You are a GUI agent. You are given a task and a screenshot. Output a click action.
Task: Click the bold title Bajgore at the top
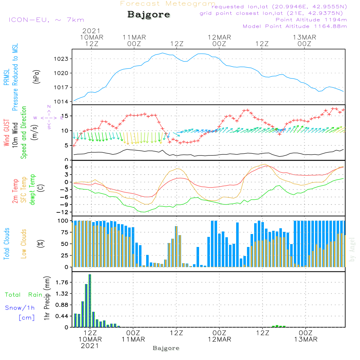point(149,15)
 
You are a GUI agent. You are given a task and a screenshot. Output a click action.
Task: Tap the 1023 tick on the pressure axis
point(61,59)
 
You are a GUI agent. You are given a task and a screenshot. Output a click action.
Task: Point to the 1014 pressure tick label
point(61,102)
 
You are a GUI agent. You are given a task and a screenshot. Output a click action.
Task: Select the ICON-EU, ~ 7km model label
point(46,20)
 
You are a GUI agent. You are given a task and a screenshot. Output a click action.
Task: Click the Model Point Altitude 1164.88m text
point(295,26)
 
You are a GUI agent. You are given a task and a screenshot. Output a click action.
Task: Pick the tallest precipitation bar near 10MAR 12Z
point(90,301)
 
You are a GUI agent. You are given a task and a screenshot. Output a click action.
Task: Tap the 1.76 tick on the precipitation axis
point(62,282)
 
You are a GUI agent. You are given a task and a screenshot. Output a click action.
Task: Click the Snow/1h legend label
point(20,308)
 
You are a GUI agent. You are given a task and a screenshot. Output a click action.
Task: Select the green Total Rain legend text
point(24,295)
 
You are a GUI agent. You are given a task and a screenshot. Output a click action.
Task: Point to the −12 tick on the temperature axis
point(62,212)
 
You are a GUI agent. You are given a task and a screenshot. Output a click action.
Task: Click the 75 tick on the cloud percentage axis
point(64,232)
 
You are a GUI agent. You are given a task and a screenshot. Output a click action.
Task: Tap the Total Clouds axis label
point(6,244)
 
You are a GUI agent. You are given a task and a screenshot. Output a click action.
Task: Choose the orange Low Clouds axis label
point(24,244)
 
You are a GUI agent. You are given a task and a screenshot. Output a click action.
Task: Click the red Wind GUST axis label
point(6,132)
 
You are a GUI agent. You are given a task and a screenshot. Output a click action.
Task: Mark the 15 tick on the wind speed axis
point(65,116)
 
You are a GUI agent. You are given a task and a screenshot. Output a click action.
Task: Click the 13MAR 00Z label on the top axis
point(305,41)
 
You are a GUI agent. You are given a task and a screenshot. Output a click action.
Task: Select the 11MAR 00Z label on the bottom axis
point(133,336)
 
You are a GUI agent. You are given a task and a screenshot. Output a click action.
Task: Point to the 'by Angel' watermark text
point(352,249)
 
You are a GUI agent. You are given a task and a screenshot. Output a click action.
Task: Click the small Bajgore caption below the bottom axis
point(166,348)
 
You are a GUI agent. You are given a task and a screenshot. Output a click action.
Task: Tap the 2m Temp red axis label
point(15,191)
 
